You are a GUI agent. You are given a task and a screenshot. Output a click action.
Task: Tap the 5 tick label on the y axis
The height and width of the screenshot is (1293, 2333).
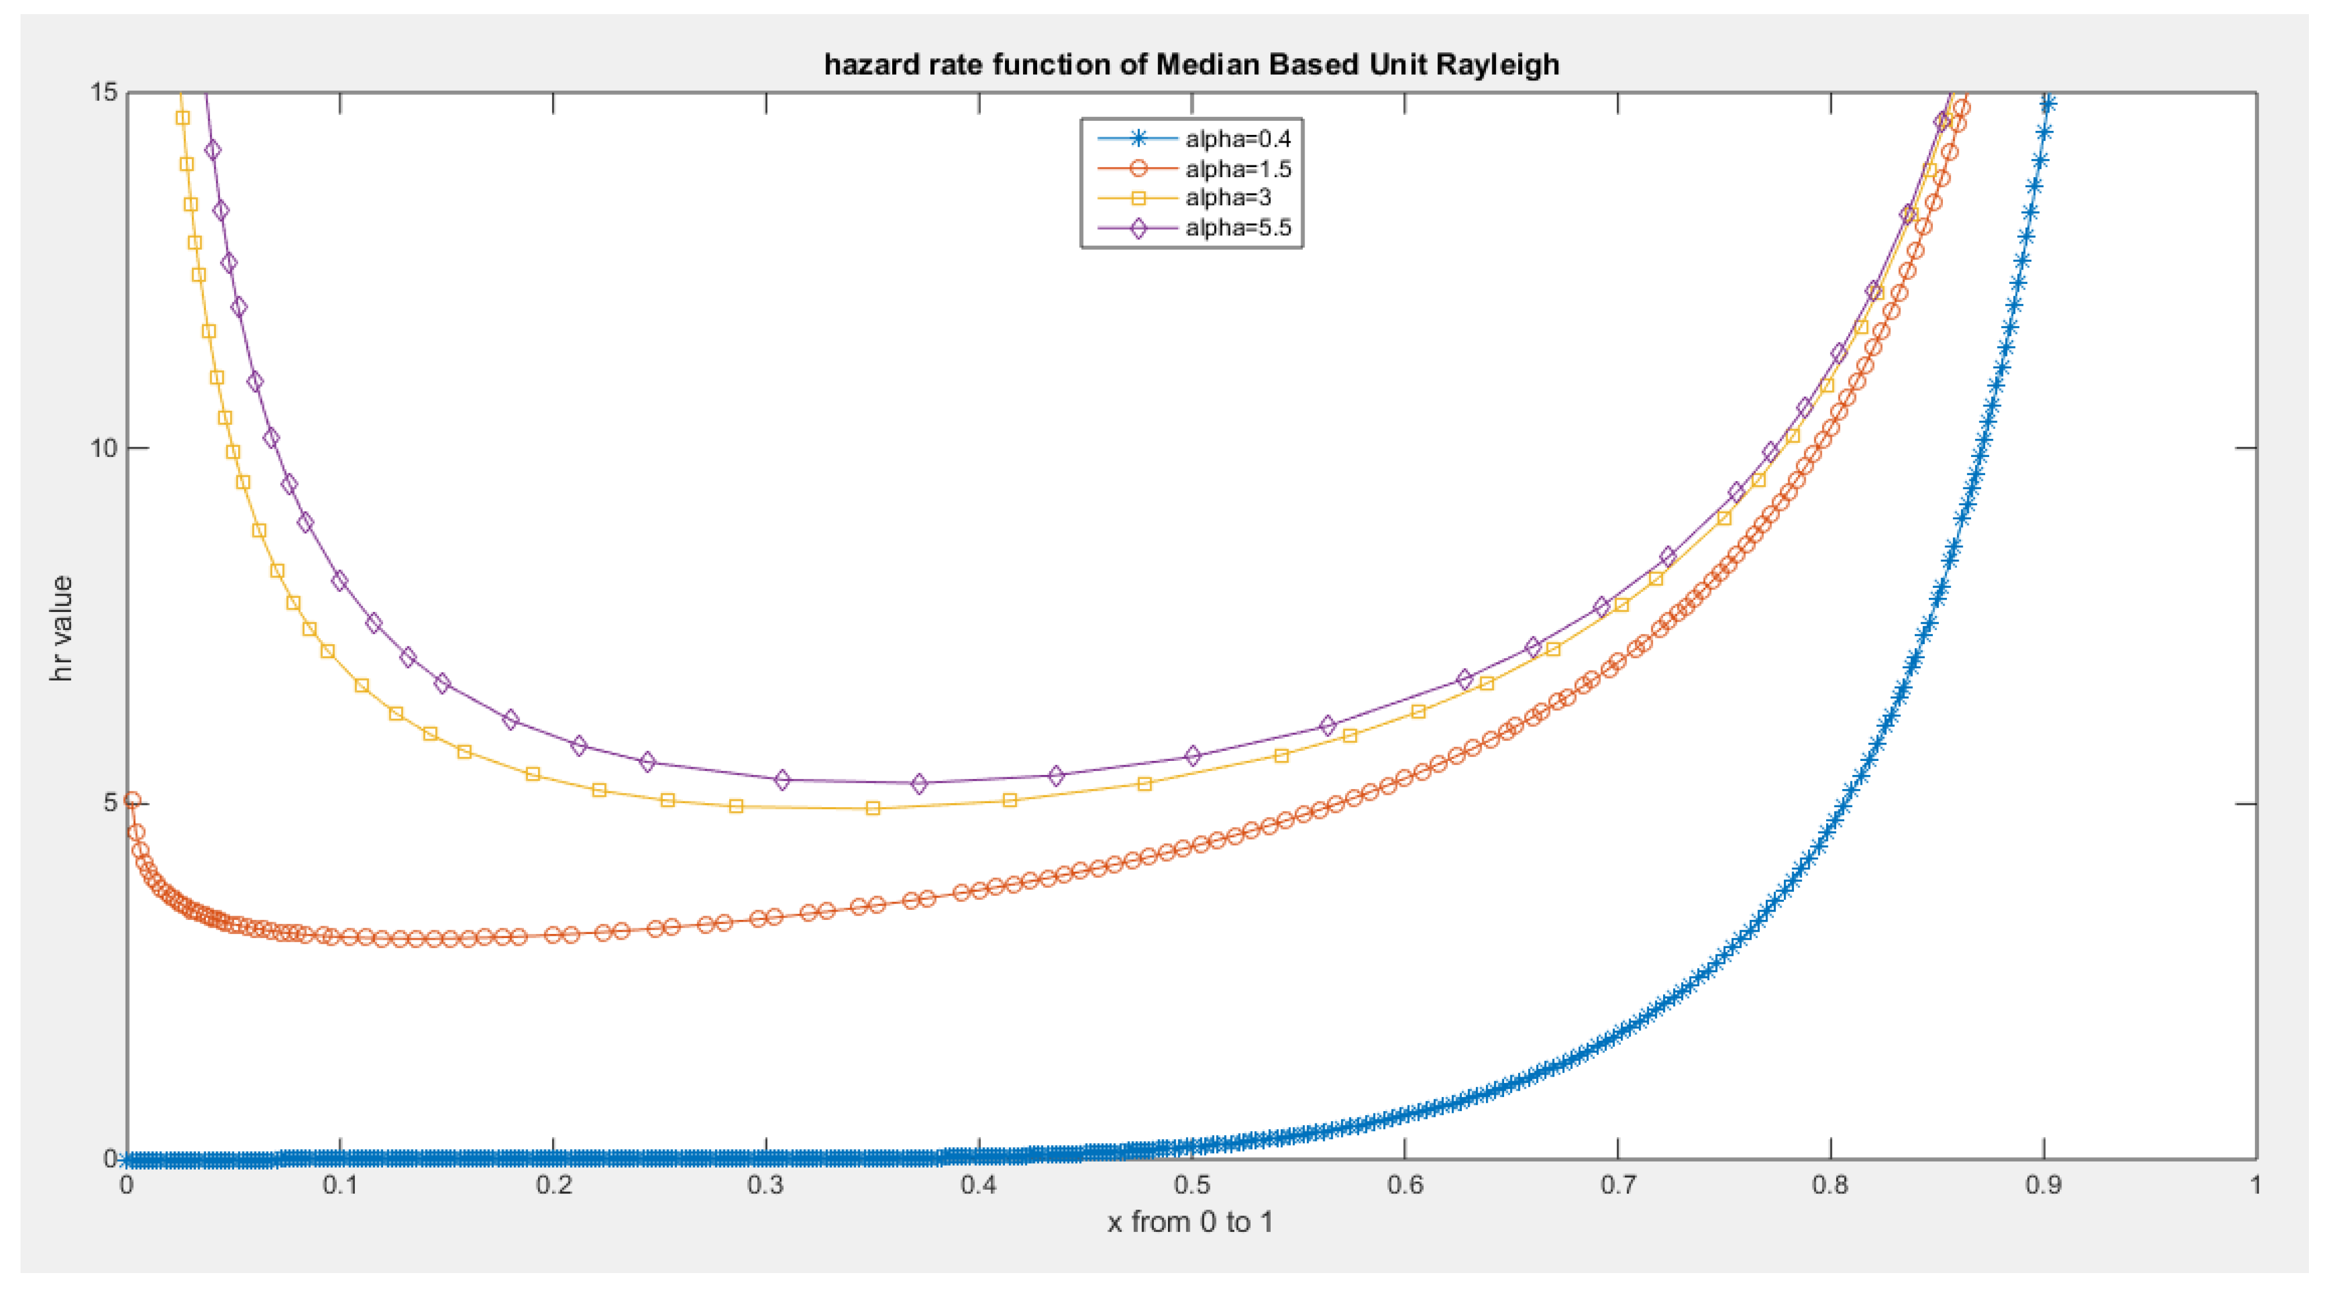click(110, 803)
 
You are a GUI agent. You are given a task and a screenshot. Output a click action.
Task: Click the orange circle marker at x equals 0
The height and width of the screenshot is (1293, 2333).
click(132, 800)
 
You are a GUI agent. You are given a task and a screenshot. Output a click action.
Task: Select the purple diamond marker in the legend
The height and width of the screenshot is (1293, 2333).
click(1139, 228)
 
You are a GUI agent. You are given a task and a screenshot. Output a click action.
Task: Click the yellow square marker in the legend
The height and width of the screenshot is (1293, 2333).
click(1139, 198)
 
